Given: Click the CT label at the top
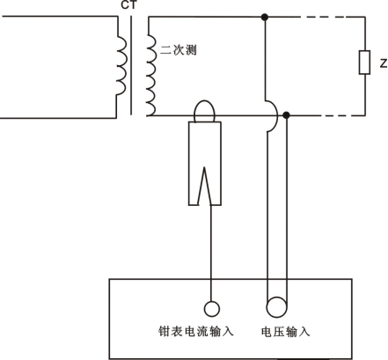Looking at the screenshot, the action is point(128,5).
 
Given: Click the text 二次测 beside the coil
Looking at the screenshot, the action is point(179,50).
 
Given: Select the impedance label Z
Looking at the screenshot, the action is point(384,63).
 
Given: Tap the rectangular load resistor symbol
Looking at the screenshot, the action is point(364,62).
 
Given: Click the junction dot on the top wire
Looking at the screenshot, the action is point(265,18).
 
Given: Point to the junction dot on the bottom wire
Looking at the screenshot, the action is point(287,115).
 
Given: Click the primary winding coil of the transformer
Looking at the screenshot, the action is point(121,65).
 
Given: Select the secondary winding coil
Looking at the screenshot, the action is point(151,75).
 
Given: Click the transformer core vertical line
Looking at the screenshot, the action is point(131,65).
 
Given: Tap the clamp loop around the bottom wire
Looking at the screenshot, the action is point(204,101).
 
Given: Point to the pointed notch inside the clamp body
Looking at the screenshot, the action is point(204,168).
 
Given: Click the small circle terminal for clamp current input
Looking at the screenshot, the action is point(211,309).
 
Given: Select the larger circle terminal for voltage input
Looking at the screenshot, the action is point(276,307).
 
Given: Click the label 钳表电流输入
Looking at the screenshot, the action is point(196,332).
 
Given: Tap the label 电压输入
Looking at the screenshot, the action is point(285,332).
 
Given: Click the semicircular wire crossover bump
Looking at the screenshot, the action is point(276,116).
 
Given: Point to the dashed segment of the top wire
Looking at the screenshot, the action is point(333,18).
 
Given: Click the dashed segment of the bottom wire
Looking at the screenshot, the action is point(343,115).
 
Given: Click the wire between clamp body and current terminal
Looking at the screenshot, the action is point(211,253).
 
